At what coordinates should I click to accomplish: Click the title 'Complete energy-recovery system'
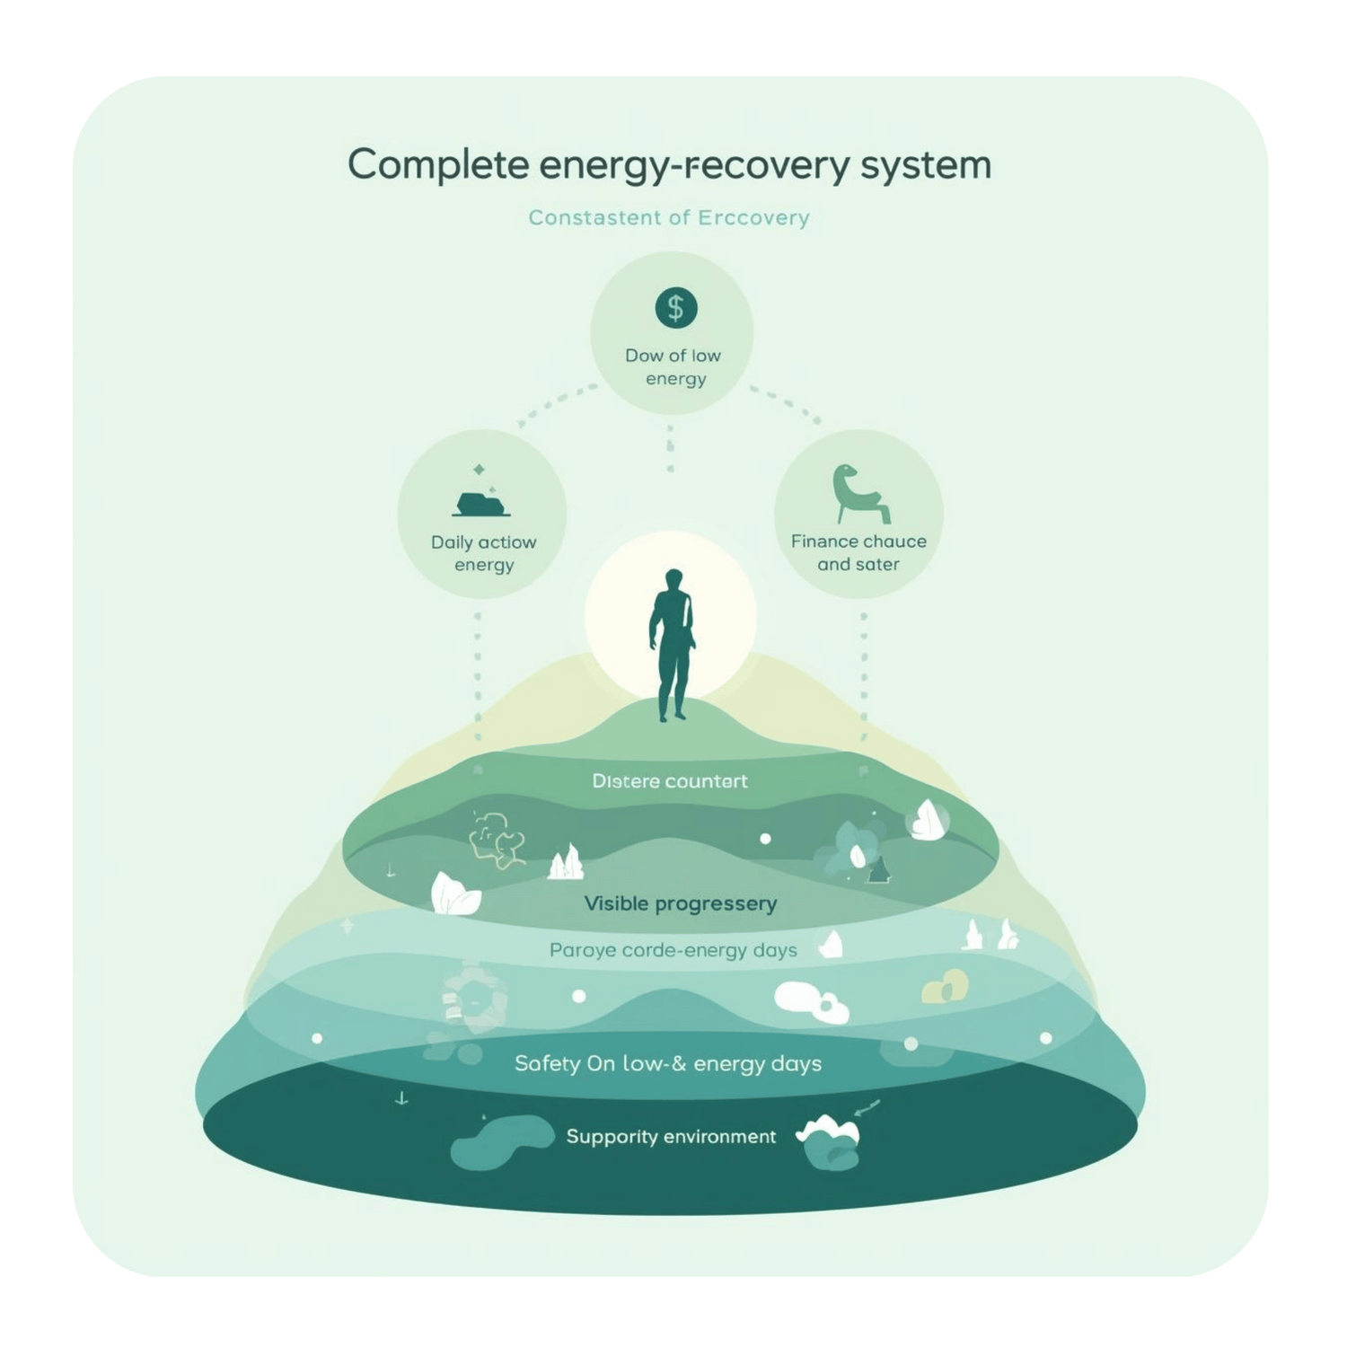(669, 165)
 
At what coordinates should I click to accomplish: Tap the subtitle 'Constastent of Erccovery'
(669, 217)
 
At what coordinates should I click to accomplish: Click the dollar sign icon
(675, 308)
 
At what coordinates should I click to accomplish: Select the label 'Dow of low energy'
(673, 366)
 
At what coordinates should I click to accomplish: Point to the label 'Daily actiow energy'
(483, 553)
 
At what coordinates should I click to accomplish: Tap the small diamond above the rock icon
(479, 469)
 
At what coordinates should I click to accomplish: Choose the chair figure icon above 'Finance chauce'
(858, 495)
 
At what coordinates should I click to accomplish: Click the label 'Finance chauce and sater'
(858, 552)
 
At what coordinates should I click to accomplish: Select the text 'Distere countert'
(670, 781)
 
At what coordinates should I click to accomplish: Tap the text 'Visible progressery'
(680, 903)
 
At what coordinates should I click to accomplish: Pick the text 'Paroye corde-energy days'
(673, 950)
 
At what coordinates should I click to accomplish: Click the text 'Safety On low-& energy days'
(667, 1064)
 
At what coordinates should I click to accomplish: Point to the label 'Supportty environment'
(671, 1137)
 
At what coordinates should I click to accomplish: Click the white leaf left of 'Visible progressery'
(455, 894)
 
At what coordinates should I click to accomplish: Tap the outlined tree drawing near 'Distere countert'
(497, 838)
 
